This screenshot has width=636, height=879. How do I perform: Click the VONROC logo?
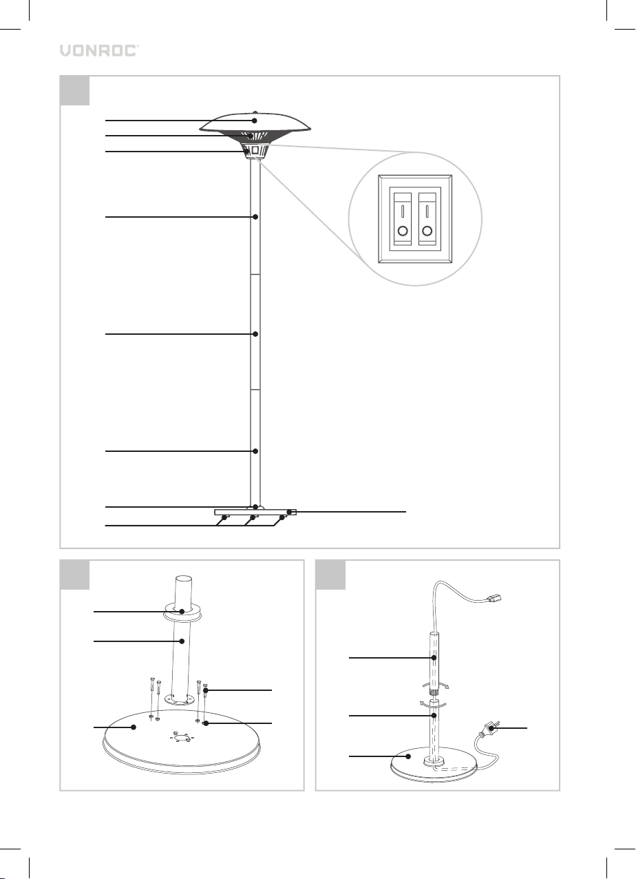tap(98, 50)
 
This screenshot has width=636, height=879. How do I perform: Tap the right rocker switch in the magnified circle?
tap(427, 218)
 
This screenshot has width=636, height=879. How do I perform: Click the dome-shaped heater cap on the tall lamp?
tap(255, 122)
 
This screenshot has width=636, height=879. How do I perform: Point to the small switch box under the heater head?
tap(255, 151)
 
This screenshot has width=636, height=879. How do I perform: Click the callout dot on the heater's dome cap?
tap(255, 121)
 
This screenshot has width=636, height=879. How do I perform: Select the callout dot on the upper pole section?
tap(255, 216)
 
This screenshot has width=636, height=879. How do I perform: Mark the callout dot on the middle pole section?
tap(255, 334)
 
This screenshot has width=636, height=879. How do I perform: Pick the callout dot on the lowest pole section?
tap(255, 451)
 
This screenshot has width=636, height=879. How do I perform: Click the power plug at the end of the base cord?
tap(487, 730)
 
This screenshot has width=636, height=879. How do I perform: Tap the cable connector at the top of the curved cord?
tap(494, 599)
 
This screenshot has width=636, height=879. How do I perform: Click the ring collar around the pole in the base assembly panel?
tap(182, 615)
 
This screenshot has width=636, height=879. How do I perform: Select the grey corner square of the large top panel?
tap(74, 90)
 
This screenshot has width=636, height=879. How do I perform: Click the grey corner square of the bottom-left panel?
tap(74, 575)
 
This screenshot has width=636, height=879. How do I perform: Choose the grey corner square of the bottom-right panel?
tap(330, 575)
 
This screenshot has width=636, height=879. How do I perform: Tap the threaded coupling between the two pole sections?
tap(434, 692)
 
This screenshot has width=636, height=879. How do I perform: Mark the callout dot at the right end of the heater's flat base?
tap(289, 512)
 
